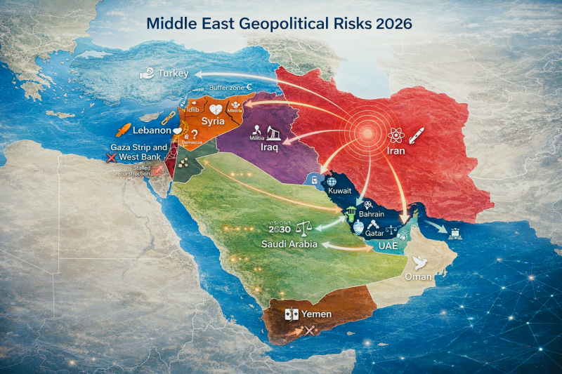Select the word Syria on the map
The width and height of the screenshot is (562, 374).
click(213, 121)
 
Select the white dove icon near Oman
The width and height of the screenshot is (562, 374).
click(421, 262)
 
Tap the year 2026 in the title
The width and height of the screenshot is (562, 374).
click(393, 22)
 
